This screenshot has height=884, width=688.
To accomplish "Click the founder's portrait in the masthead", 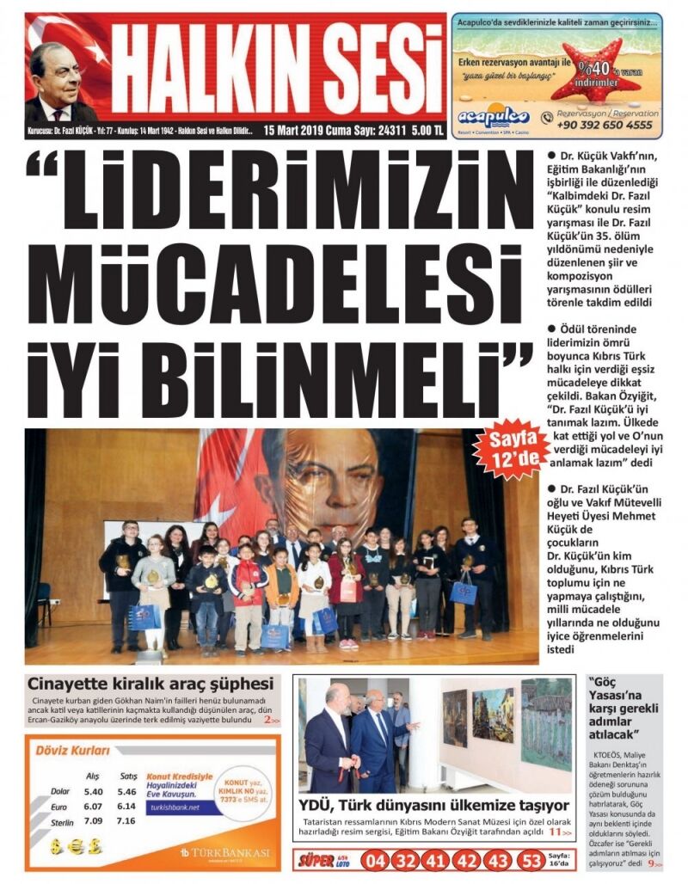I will pyautogui.click(x=58, y=82).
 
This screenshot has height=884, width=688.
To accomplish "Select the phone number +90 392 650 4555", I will pyautogui.click(x=605, y=125).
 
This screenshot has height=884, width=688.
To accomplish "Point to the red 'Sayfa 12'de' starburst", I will pyautogui.click(x=510, y=452).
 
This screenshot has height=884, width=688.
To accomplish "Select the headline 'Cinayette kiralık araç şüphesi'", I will pyautogui.click(x=150, y=684).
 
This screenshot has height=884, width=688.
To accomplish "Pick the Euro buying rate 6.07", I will pyautogui.click(x=94, y=806).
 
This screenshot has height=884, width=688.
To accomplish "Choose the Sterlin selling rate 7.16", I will pyautogui.click(x=126, y=820).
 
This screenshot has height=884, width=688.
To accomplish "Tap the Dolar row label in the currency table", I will pyautogui.click(x=59, y=791).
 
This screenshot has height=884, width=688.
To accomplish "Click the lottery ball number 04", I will pyautogui.click(x=377, y=860).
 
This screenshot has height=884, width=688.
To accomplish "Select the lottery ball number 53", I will pyautogui.click(x=531, y=860).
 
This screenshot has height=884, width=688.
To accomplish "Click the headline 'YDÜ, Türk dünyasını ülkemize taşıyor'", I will pyautogui.click(x=433, y=806).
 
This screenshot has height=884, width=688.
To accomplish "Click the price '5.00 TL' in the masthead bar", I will pyautogui.click(x=427, y=130).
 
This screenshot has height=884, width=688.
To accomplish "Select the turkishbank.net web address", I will pyautogui.click(x=175, y=807).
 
